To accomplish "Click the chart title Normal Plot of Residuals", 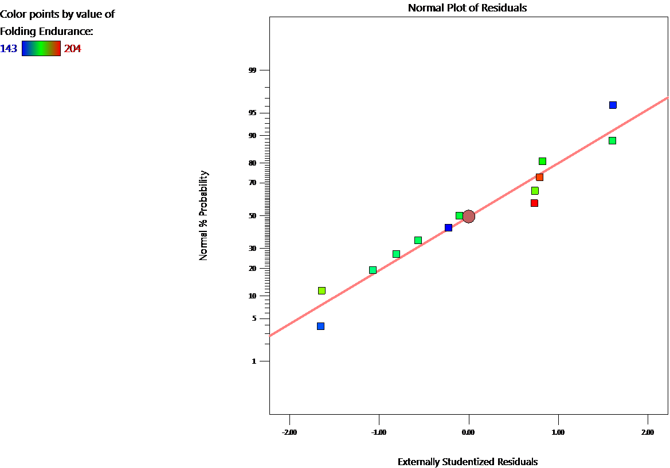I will (467, 8).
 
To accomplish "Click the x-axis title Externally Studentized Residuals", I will (468, 462).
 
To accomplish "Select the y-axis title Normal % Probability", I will (203, 216).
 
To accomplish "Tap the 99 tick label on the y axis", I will (250, 70).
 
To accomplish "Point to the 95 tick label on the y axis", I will (250, 113).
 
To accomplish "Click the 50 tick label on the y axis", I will (250, 216).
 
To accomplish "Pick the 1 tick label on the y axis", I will (253, 361).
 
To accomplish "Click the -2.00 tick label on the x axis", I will (289, 432).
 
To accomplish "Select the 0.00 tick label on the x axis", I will (468, 432).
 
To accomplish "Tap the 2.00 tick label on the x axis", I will (648, 432).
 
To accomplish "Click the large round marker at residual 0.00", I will (469, 217).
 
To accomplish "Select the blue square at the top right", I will (613, 105).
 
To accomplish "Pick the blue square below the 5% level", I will (320, 326).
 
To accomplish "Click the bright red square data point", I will (534, 203).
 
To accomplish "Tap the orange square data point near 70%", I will (539, 177).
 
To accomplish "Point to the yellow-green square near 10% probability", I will (322, 290).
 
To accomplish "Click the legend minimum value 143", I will (9, 49).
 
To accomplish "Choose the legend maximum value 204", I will (72, 49).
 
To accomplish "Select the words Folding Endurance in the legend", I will (45, 31).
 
